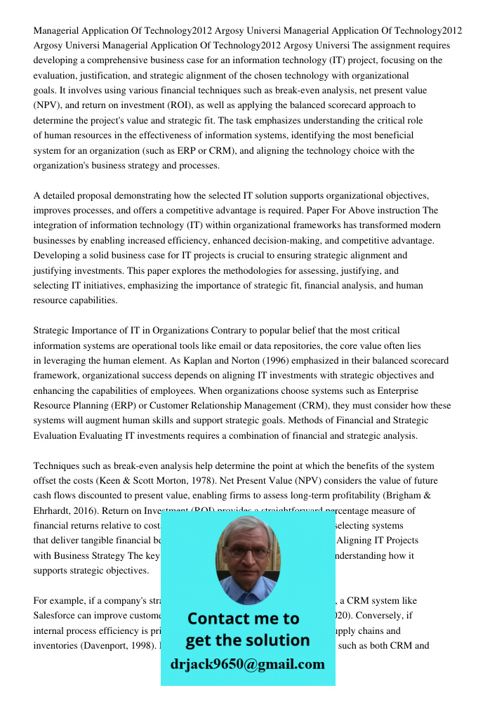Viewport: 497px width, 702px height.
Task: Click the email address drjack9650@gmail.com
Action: tap(247, 664)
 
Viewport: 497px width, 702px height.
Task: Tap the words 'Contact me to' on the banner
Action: tap(243, 618)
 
